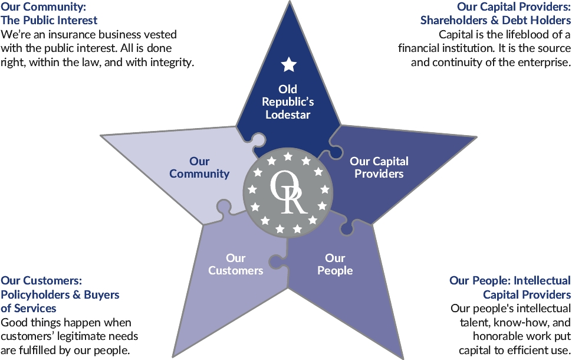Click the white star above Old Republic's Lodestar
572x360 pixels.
(x=288, y=64)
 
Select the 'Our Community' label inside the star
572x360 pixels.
(x=199, y=168)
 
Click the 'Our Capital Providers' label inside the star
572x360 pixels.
(x=379, y=168)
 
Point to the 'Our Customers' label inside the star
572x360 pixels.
(x=235, y=264)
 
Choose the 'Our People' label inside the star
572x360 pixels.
(x=335, y=264)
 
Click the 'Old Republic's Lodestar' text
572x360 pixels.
(x=288, y=102)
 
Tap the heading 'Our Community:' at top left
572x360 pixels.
(x=44, y=8)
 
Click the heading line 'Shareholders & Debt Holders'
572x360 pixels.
(x=495, y=21)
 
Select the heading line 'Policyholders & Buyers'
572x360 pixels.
(x=60, y=294)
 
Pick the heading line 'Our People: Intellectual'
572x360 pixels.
(x=510, y=280)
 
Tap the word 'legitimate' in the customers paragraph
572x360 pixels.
(x=113, y=336)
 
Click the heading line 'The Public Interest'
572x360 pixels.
(x=49, y=21)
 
